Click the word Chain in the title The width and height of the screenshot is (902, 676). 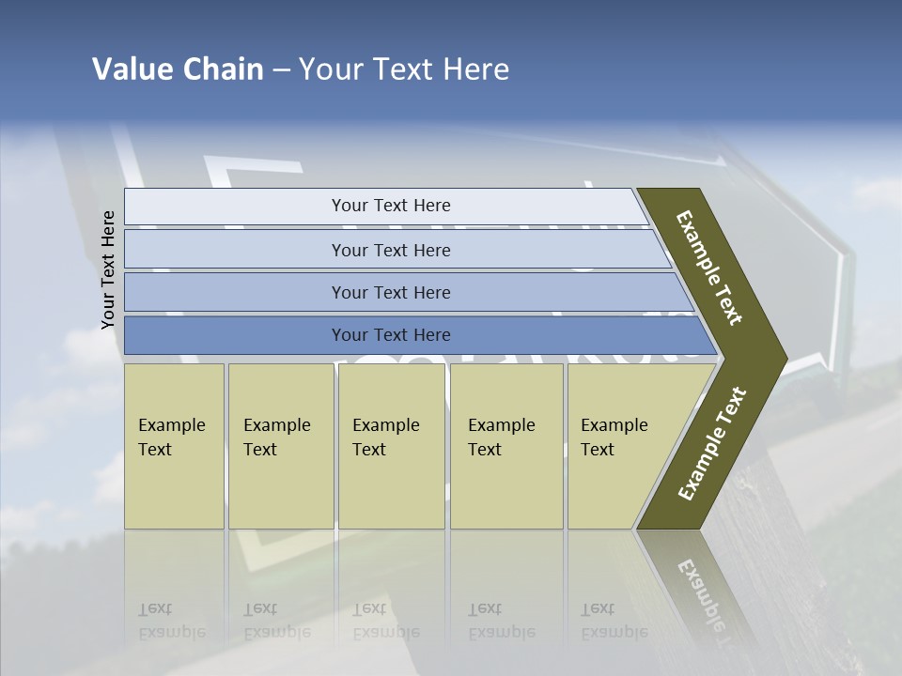(224, 69)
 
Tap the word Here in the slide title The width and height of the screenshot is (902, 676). (475, 69)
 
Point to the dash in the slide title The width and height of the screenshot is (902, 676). (281, 70)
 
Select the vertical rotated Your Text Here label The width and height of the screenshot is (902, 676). (108, 270)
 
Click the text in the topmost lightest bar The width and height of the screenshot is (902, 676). (391, 206)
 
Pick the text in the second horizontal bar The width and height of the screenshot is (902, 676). (391, 250)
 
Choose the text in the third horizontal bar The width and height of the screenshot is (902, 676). (391, 293)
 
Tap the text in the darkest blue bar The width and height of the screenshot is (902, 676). (391, 335)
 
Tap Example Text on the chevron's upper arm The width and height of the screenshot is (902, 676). (709, 268)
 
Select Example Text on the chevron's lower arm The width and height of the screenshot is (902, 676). (712, 443)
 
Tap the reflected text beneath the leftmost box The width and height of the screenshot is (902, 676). (171, 621)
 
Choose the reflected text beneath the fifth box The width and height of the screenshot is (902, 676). (613, 621)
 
